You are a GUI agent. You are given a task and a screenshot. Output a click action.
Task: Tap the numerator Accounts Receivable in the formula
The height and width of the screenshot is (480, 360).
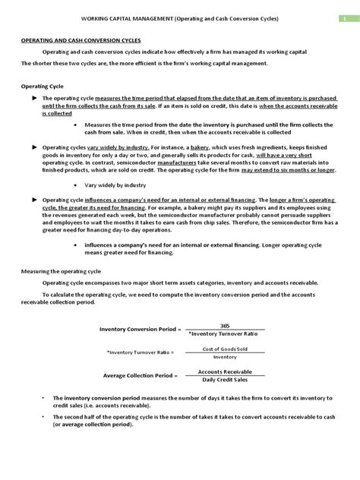tap(225, 371)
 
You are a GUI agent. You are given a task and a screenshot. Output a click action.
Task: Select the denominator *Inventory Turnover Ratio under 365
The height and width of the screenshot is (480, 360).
tap(224, 333)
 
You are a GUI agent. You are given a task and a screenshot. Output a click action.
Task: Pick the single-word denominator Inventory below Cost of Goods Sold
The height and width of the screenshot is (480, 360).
tap(225, 356)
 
